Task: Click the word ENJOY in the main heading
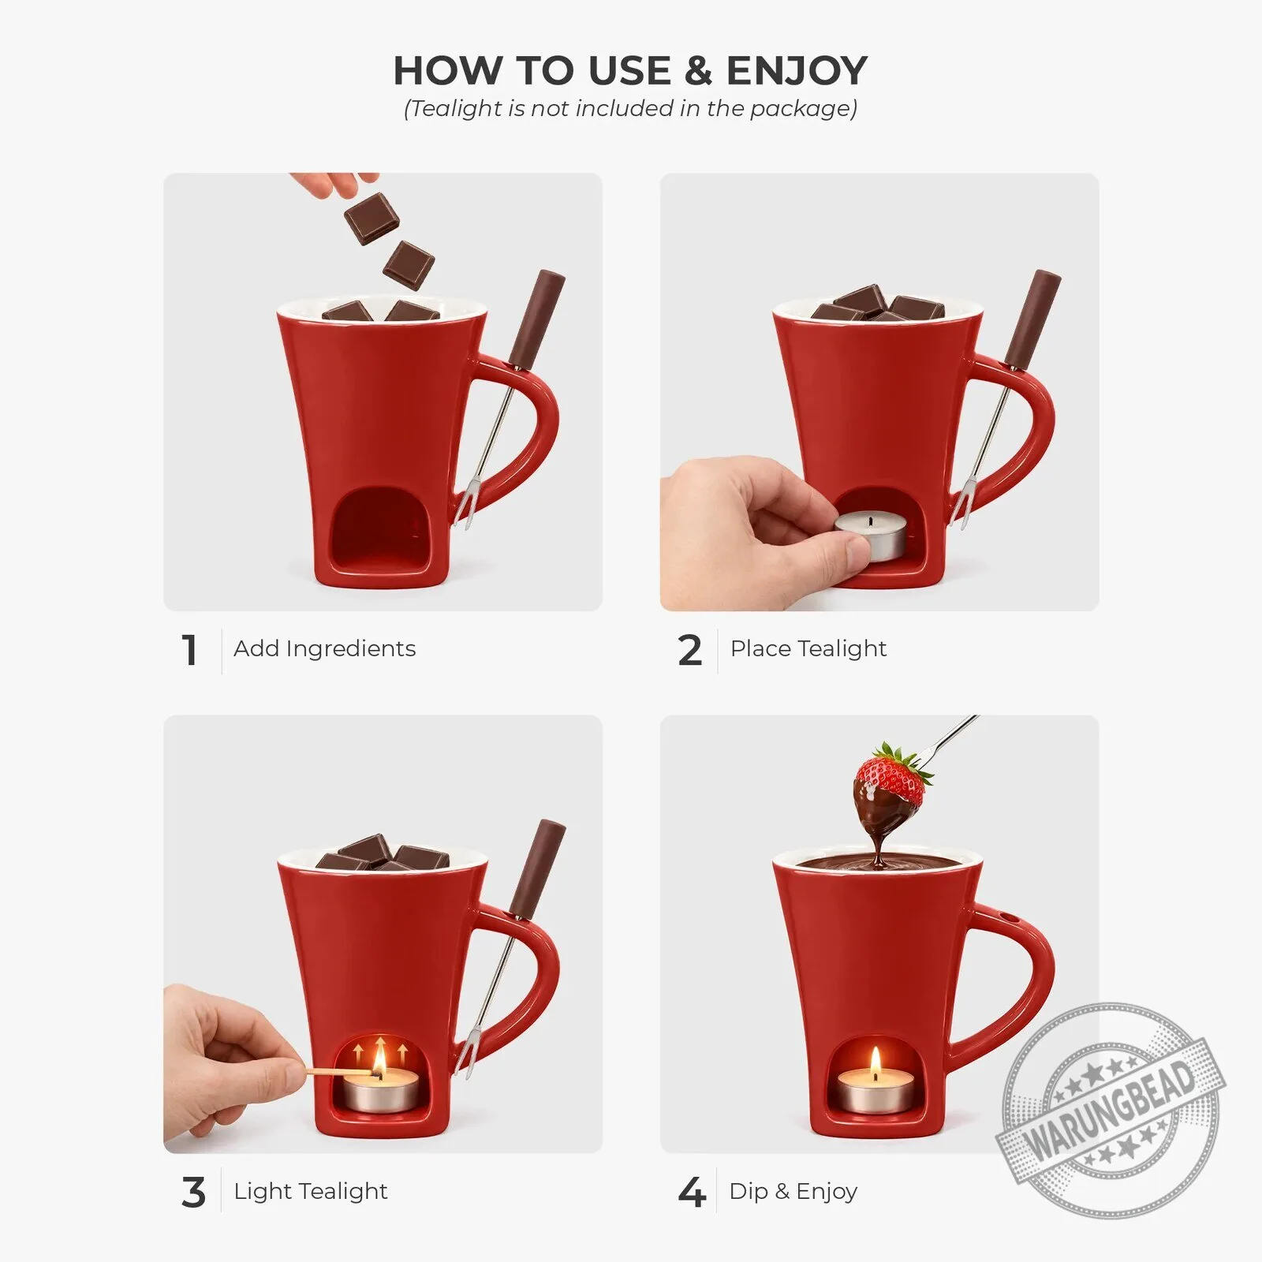click(x=797, y=70)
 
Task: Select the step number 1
click(x=189, y=651)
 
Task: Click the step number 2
click(x=689, y=651)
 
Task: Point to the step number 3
click(x=193, y=1193)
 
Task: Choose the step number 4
click(x=691, y=1193)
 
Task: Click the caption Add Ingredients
click(x=324, y=649)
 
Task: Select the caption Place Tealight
click(x=808, y=648)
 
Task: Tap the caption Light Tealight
click(x=310, y=1191)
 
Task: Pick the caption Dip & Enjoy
click(x=793, y=1191)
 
